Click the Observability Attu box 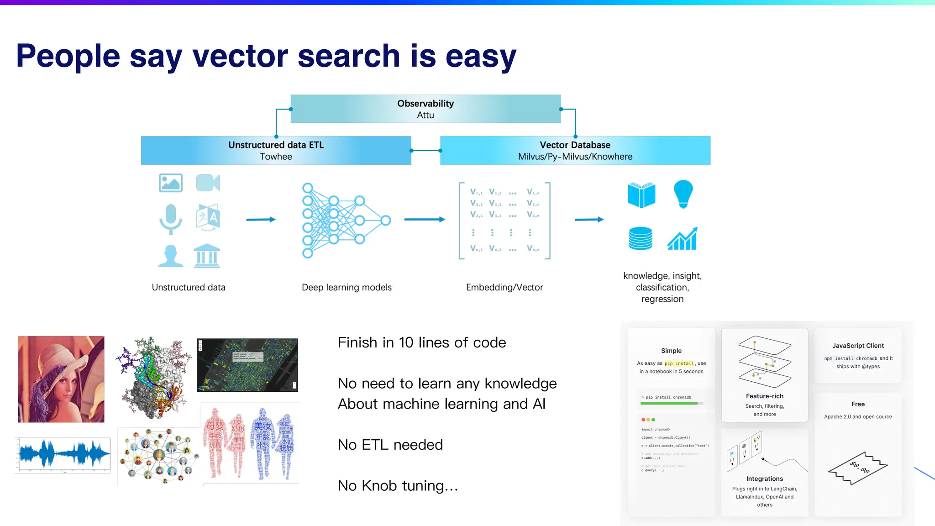point(425,109)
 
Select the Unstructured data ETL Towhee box point(276,150)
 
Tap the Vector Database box point(575,150)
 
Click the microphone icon point(171,219)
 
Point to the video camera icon point(208,183)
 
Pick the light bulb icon point(683,194)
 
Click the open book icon point(641,195)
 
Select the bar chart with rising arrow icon point(682,238)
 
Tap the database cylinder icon point(640,238)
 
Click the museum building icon point(207,256)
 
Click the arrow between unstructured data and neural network point(261,220)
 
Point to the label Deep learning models point(347,287)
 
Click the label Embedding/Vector point(504,287)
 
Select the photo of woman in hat point(61,379)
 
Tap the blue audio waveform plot point(63,455)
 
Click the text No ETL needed point(390,445)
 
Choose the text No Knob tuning point(398,485)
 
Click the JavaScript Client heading point(858,346)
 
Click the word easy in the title point(480,57)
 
